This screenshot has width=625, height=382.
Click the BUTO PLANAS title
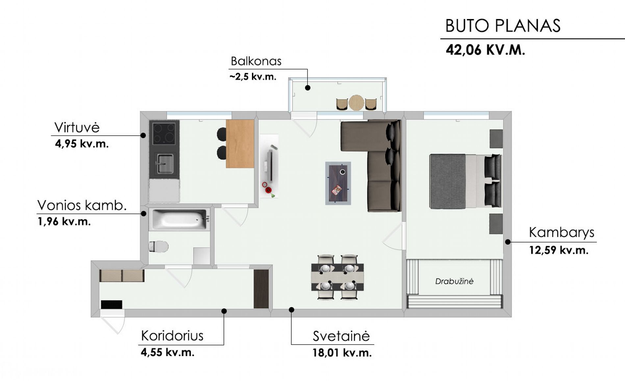503,26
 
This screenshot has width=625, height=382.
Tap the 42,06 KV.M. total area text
485,50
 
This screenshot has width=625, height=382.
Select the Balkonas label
256,61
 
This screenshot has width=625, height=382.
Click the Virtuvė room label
77,128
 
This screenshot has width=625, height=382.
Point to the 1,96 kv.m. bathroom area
64,222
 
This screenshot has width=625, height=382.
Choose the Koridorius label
172,336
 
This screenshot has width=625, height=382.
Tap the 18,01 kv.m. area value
342,353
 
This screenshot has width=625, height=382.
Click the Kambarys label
562,232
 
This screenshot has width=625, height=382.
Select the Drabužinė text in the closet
454,281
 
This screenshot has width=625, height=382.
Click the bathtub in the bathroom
180,219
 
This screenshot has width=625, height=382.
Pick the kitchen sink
164,163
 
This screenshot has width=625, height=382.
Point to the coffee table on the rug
338,183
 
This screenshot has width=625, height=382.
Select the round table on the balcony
356,103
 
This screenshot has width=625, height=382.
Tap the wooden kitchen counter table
240,144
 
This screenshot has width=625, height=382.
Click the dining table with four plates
337,277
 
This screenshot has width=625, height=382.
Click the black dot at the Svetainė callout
291,310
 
